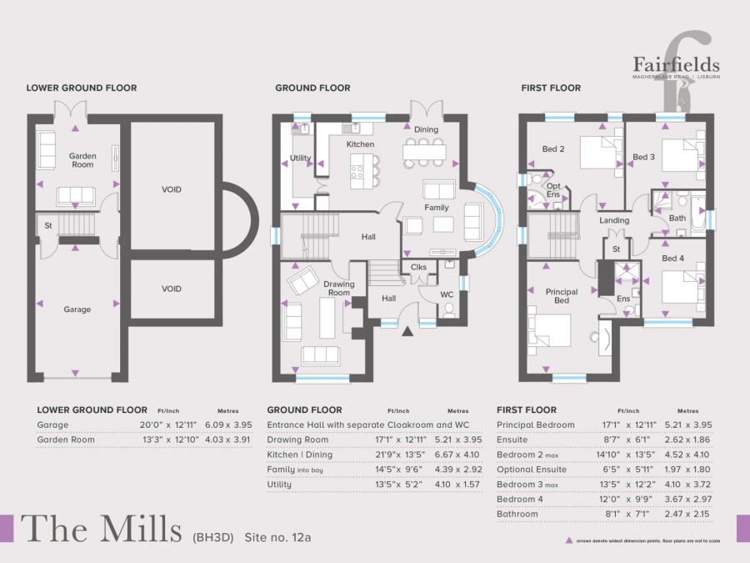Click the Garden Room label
pos(82,160)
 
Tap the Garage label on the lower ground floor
pos(77,309)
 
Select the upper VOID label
pos(172,189)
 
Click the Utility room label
pos(300,158)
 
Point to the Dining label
pos(426,129)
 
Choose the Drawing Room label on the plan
pos(338,289)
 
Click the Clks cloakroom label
pos(419,267)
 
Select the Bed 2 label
pos(554,149)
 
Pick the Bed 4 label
pos(672,259)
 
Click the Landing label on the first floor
pos(614,220)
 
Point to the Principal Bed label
pos(562,296)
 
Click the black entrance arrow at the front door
pos(407,331)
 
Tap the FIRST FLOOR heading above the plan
pos(551,88)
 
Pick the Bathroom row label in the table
pos(517,515)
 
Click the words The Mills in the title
pos(101,528)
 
